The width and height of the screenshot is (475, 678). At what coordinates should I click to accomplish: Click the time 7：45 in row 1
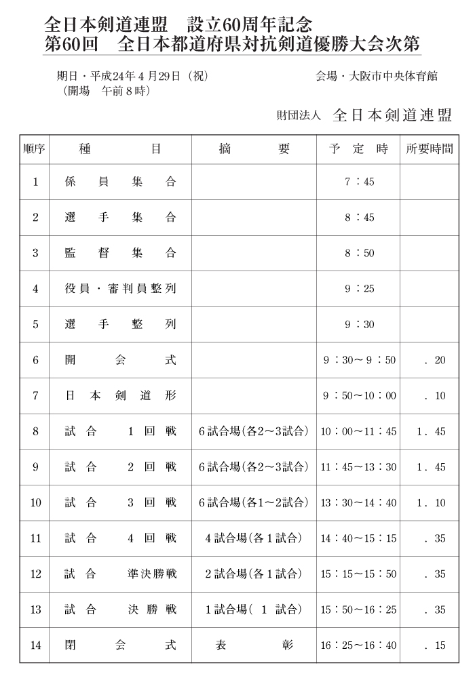coord(359,182)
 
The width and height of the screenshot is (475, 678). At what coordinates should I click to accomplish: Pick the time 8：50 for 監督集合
coord(359,253)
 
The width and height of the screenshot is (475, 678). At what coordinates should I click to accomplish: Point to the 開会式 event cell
coord(120,360)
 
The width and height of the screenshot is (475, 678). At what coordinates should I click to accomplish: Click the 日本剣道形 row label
coord(120,396)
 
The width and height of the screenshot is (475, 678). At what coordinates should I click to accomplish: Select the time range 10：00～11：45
coord(359,431)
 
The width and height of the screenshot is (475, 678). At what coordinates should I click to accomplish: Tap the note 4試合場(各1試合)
coord(254,538)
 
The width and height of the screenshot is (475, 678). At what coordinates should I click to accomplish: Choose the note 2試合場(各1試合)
coord(254,574)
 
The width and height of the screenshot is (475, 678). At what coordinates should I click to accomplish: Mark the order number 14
coord(35,645)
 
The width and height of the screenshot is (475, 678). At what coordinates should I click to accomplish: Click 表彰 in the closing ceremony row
coord(254,645)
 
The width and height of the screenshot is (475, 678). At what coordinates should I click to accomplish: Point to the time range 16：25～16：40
coord(359,645)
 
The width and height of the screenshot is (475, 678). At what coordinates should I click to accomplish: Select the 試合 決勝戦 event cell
coord(120,610)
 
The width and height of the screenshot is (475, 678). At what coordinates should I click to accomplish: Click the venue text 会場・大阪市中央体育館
coord(377,77)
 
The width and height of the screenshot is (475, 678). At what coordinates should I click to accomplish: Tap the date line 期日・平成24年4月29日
coord(132,77)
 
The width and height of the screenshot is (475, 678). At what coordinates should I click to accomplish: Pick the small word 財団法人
coord(298,116)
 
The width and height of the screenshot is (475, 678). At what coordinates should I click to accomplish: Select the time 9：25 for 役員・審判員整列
coord(359,289)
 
